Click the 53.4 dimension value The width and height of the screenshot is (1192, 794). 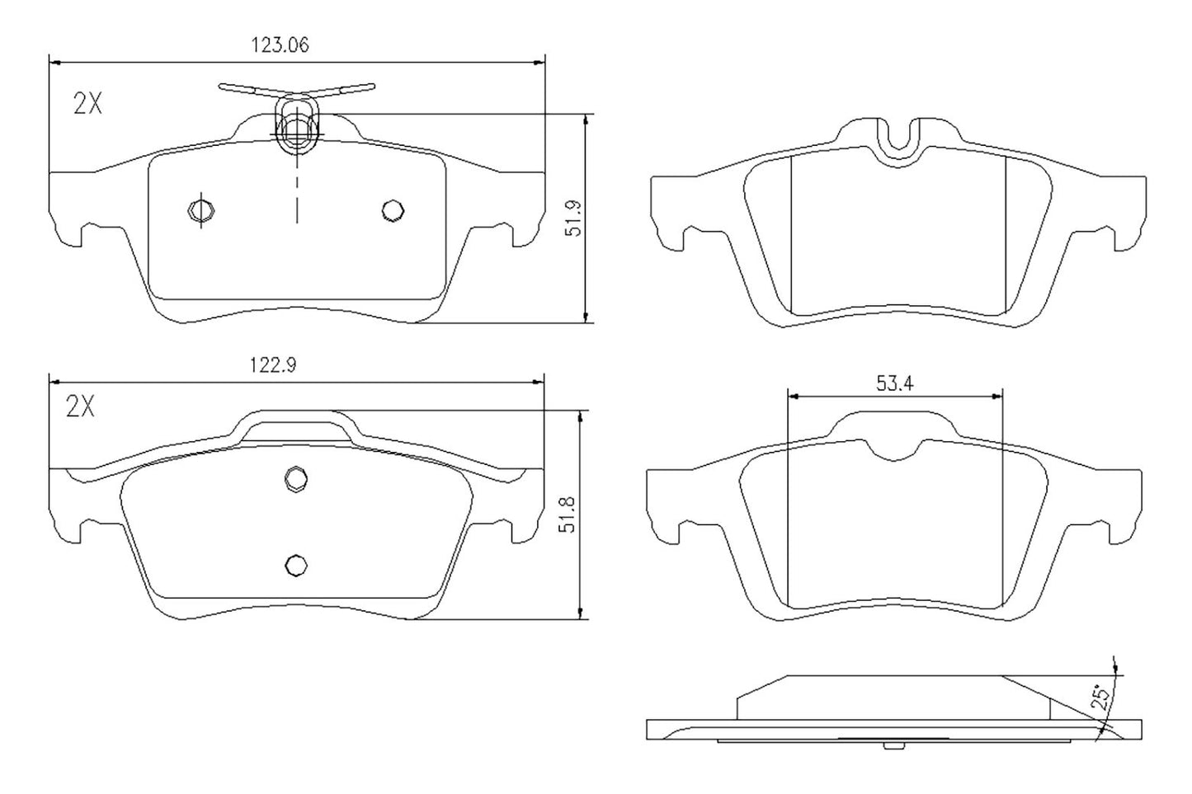pos(894,383)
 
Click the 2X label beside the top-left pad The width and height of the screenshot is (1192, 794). pos(87,104)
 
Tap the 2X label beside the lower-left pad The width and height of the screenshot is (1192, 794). pos(80,406)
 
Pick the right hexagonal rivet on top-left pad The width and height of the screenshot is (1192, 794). pos(393,210)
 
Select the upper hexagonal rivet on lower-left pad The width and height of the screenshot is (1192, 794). pos(295,478)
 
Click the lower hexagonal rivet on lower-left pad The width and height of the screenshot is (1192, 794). pos(295,564)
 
